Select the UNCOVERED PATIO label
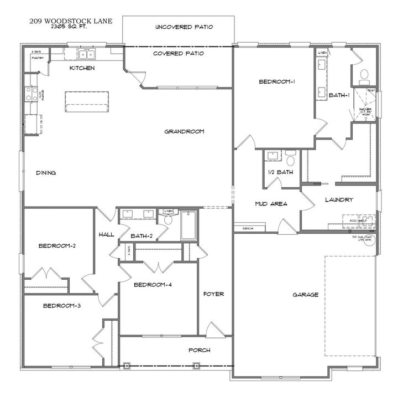(184, 27)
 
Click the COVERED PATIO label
(179, 54)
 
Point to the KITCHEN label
(82, 68)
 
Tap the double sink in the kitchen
(86, 54)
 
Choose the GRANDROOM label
(184, 131)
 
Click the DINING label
(46, 173)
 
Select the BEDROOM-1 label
(276, 82)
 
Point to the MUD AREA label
(270, 204)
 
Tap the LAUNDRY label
(339, 199)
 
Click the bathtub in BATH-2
(188, 224)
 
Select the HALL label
(106, 234)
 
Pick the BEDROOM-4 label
(153, 285)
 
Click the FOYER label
(213, 294)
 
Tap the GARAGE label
(305, 295)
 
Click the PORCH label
(199, 350)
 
